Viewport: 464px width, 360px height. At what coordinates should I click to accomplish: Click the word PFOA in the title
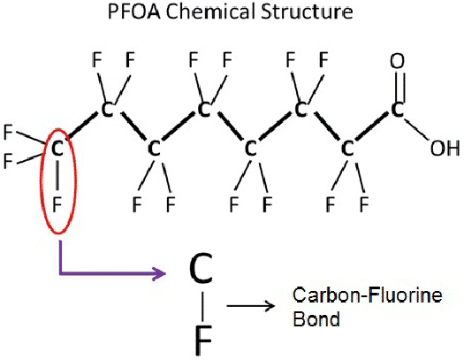(134, 11)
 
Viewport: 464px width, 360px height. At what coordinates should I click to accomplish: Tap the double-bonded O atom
(397, 61)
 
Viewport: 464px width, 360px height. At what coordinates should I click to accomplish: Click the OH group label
(445, 148)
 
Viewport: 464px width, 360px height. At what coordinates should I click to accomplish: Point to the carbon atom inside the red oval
(57, 148)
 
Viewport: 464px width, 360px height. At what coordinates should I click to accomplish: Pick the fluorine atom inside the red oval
(57, 204)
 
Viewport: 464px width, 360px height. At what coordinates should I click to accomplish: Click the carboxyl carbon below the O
(398, 110)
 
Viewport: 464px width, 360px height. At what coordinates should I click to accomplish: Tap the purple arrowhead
(159, 273)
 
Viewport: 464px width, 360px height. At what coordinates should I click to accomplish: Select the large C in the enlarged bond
(201, 268)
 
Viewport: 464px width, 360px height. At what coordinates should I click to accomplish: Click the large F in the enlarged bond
(203, 340)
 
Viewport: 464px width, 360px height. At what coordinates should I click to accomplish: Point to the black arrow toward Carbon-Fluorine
(251, 305)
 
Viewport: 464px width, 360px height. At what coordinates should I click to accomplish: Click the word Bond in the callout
(316, 319)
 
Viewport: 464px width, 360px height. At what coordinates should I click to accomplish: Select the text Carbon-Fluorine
(368, 295)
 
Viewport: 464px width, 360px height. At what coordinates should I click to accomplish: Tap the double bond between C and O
(397, 86)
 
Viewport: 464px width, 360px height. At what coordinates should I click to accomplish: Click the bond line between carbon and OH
(415, 129)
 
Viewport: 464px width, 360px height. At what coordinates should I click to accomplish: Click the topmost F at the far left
(8, 132)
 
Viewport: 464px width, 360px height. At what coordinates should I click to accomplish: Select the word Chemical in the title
(210, 11)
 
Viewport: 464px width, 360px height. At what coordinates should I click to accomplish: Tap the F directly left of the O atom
(323, 59)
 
